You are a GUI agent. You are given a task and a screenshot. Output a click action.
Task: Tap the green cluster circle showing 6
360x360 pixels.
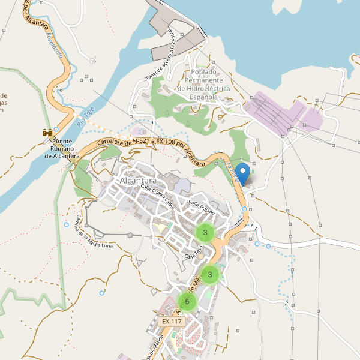click(187, 301)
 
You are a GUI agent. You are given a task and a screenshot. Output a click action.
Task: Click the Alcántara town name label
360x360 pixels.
click(139, 181)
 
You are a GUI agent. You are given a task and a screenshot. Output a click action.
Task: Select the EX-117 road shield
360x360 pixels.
click(172, 322)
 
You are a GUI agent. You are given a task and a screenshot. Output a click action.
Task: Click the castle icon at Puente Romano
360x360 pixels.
click(46, 132)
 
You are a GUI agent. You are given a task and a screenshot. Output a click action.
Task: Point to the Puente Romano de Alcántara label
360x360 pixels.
click(62, 149)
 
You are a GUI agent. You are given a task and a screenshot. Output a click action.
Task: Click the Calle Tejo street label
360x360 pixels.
click(191, 256)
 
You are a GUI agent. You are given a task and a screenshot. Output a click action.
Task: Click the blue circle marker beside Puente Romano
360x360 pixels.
click(56, 129)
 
